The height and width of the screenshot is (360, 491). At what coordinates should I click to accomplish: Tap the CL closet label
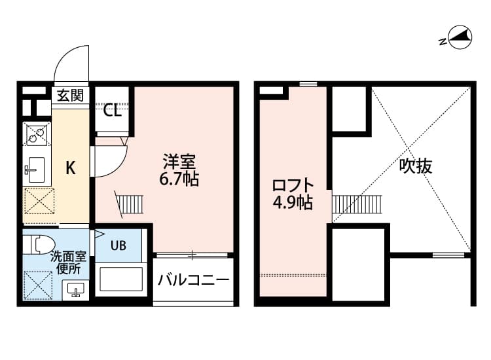pyautogui.click(x=113, y=110)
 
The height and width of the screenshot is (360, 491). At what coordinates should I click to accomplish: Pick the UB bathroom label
pyautogui.click(x=118, y=245)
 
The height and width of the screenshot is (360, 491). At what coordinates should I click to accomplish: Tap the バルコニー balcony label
pyautogui.click(x=194, y=280)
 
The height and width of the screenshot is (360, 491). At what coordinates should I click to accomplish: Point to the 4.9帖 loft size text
pyautogui.click(x=292, y=203)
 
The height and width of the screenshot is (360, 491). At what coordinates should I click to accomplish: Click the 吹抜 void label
pyautogui.click(x=416, y=166)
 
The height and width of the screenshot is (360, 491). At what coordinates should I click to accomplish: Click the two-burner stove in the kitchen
pyautogui.click(x=37, y=135)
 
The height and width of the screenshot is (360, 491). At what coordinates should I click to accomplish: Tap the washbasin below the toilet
pyautogui.click(x=75, y=289)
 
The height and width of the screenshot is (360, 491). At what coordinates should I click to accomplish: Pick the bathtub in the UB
pyautogui.click(x=120, y=279)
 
